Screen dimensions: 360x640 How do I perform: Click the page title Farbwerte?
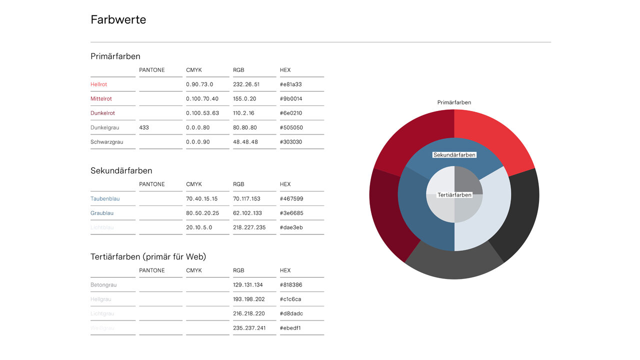(x=118, y=20)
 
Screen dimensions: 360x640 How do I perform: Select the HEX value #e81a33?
(x=291, y=84)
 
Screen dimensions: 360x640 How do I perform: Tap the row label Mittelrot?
(x=101, y=99)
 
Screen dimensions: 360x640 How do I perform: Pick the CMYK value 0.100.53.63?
(x=202, y=113)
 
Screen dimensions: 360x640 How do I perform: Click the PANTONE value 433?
(x=144, y=128)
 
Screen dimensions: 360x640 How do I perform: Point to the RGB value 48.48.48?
(x=245, y=142)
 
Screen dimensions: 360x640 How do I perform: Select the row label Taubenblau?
(x=105, y=199)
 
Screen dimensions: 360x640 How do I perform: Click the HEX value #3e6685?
(x=291, y=213)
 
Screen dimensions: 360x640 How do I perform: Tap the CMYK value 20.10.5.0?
(x=199, y=227)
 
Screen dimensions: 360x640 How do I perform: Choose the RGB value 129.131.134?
(x=248, y=285)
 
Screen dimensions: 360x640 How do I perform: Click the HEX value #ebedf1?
(x=290, y=328)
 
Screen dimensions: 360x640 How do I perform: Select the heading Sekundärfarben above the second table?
(x=121, y=171)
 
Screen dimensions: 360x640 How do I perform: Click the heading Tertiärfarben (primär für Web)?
(x=148, y=257)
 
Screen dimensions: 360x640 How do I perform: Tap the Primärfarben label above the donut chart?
(x=454, y=102)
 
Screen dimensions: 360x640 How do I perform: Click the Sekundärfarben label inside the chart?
(x=454, y=155)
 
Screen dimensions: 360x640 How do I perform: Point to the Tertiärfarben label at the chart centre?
(x=454, y=195)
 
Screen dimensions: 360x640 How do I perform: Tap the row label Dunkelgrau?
(x=105, y=128)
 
